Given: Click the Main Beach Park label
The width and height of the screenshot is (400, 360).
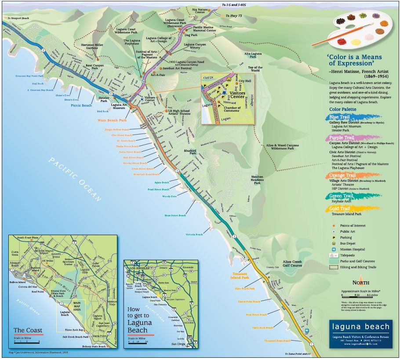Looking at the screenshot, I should pos(112,120).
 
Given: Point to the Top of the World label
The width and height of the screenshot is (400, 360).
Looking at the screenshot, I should pos(255,69).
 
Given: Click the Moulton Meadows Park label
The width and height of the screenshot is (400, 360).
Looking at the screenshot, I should pos(257,180).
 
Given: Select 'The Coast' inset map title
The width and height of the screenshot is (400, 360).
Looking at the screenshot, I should pos(28,331).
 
